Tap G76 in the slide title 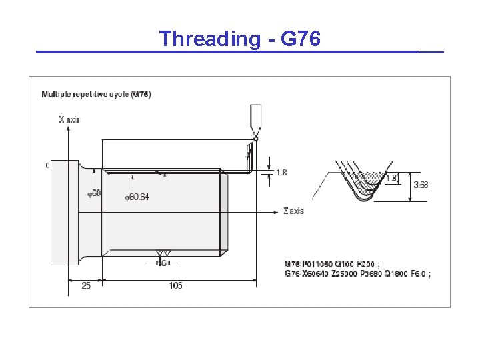point(301,39)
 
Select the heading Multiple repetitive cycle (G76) point(96,95)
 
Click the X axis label point(69,119)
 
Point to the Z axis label point(293,211)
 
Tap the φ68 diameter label point(94,193)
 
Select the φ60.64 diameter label point(137,197)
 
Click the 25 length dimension point(86,286)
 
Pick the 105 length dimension point(176,286)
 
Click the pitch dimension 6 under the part point(163,263)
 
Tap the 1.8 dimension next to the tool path point(281,173)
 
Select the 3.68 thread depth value point(421,185)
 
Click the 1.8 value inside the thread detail point(391,178)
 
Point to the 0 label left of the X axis point(47,165)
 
